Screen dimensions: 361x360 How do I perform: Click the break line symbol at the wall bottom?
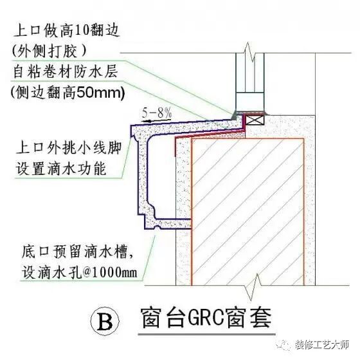pyautogui.click(x=256, y=281)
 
